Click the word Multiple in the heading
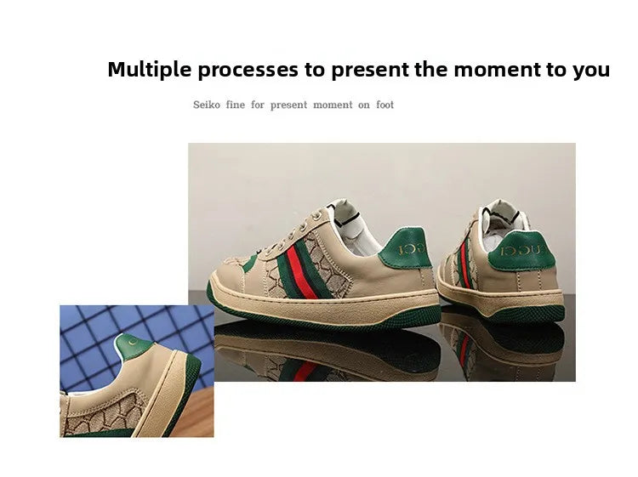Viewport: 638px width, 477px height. click(x=149, y=70)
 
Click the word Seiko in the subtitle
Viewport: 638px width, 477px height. click(x=207, y=105)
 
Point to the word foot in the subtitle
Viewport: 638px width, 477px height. click(x=385, y=105)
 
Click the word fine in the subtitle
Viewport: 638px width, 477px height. click(x=235, y=105)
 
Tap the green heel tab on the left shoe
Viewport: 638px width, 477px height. click(x=405, y=251)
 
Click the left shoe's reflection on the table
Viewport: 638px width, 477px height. click(x=323, y=353)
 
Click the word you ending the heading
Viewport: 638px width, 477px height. click(x=590, y=70)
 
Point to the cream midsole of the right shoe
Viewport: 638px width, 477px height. click(x=510, y=299)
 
